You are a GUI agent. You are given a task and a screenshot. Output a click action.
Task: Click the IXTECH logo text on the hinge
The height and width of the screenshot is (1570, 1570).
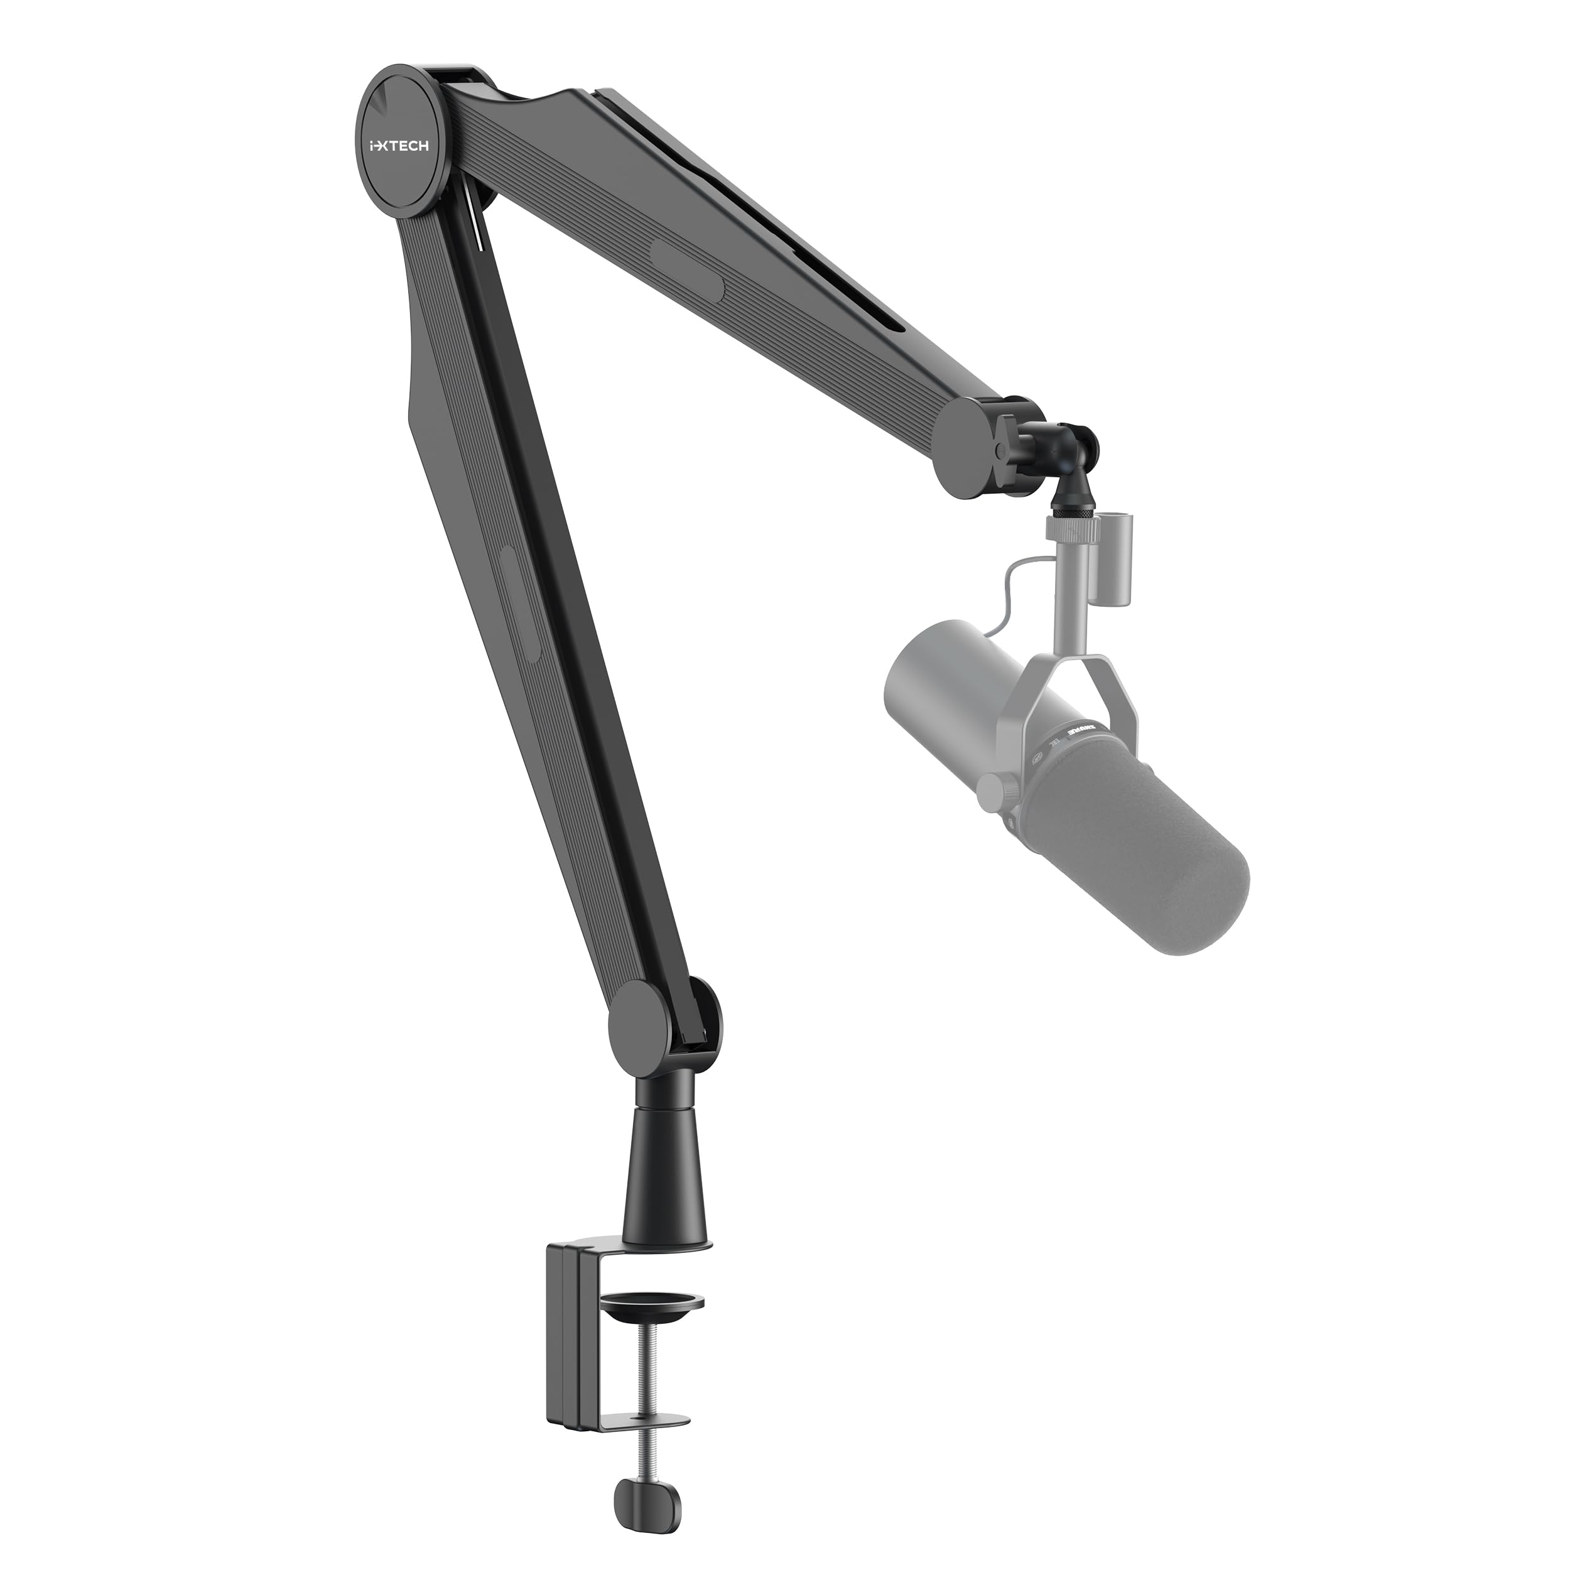coord(399,146)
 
